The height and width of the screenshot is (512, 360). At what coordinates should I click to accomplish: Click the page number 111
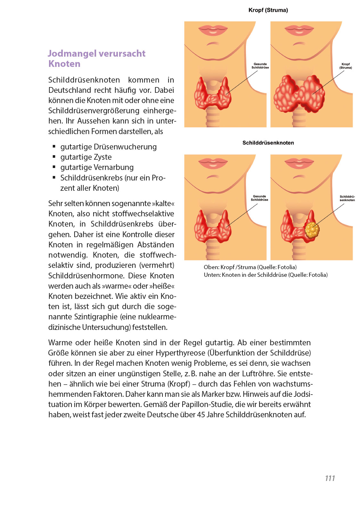coord(330,478)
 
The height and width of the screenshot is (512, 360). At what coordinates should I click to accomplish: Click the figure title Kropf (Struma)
coord(268,10)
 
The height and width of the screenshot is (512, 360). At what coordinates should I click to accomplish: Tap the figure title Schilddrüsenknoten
coord(268,143)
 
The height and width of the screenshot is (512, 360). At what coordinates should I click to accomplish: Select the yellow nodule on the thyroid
coord(312,229)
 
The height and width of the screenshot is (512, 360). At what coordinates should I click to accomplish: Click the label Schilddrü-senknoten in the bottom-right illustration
coord(347,198)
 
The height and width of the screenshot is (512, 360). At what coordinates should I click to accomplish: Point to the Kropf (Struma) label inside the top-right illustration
coord(346,66)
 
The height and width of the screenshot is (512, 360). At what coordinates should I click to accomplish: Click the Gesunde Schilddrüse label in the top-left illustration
coord(260,66)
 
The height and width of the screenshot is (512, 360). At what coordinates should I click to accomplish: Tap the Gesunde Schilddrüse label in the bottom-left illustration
coord(259,198)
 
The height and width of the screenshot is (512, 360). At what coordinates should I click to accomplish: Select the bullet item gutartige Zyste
coord(86,157)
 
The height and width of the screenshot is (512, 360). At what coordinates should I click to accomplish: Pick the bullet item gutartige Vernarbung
coord(97,167)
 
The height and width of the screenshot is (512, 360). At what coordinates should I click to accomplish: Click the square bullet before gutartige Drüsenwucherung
coord(54,147)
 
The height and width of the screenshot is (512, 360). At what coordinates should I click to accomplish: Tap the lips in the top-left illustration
coord(213,31)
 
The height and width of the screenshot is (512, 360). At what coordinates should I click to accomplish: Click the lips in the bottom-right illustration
coord(299,163)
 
